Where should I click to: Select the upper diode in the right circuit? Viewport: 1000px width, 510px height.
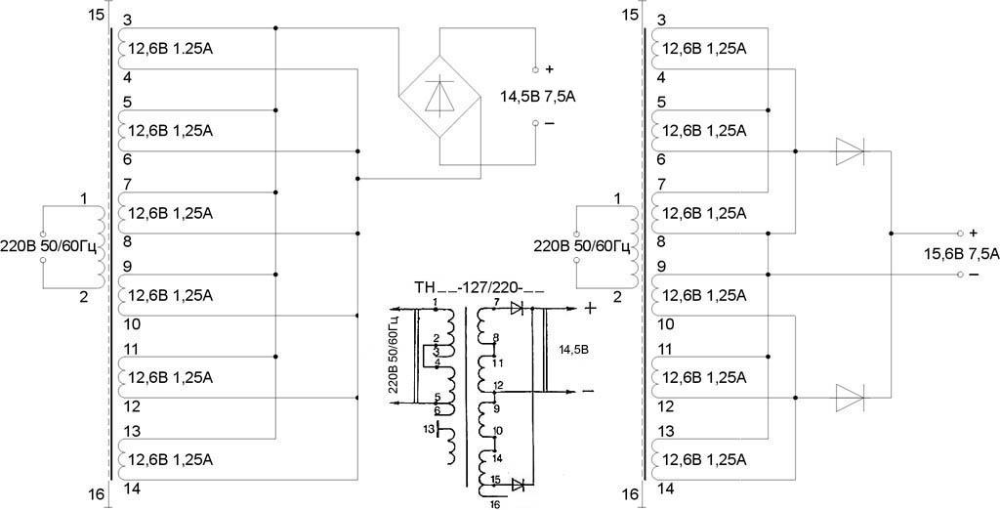(850, 151)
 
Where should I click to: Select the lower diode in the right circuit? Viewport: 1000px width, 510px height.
(850, 397)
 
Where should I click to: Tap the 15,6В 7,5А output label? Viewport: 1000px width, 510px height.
(961, 254)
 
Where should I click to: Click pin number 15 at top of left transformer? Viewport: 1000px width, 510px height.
(94, 16)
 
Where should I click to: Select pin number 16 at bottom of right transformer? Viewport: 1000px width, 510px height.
(629, 494)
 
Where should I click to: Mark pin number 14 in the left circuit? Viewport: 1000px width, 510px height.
(134, 489)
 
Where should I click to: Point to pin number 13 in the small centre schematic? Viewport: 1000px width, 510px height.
(428, 428)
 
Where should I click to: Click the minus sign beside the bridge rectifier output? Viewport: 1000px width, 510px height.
(549, 124)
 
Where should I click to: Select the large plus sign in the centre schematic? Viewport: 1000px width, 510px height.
(591, 307)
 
